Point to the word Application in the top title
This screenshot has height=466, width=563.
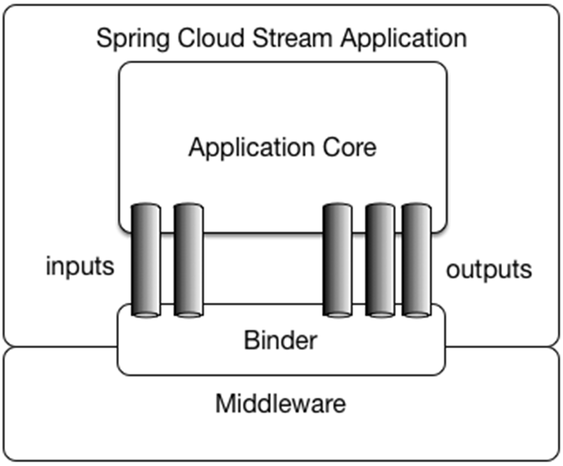tap(403, 39)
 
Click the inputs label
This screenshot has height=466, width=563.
tap(80, 267)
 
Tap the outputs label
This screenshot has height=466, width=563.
tap(488, 270)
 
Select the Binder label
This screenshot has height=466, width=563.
tap(280, 341)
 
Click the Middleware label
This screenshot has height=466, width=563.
tap(281, 403)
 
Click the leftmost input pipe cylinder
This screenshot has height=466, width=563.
tap(146, 260)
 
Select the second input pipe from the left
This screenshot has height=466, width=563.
tap(188, 260)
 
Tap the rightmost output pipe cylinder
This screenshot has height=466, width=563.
tap(416, 260)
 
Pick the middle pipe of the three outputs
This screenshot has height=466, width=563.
tap(380, 260)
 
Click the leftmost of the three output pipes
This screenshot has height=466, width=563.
tap(337, 260)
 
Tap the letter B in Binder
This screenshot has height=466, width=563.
tap(250, 341)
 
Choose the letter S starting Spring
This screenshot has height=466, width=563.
tap(103, 38)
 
